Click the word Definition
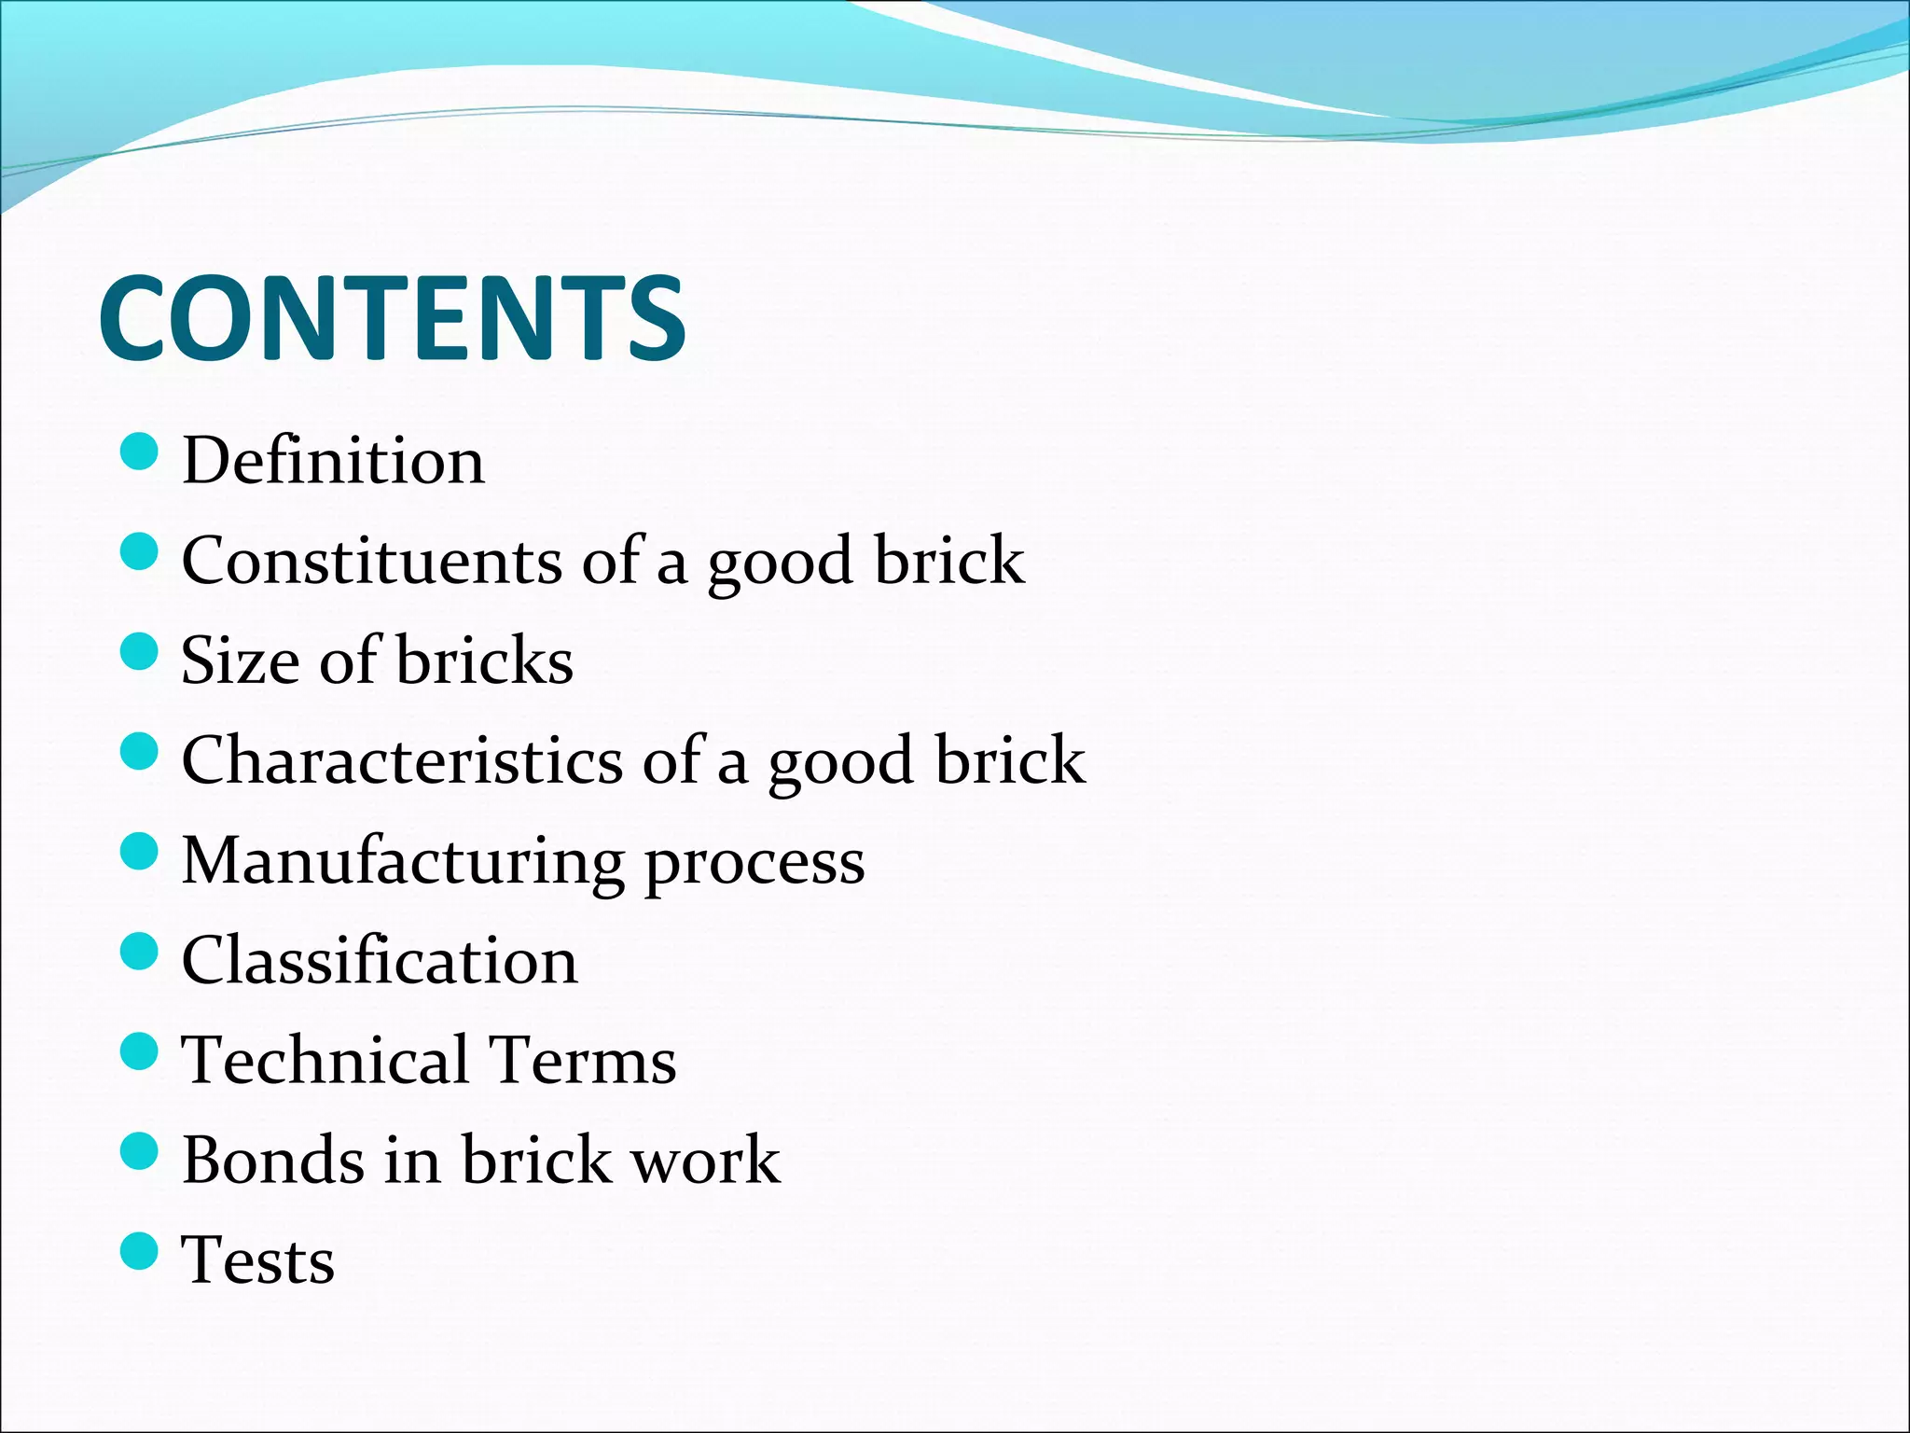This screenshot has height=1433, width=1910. (x=333, y=460)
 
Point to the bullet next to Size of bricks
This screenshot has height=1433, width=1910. (x=140, y=651)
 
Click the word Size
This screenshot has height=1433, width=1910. (x=240, y=661)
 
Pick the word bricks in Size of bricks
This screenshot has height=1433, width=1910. (x=484, y=661)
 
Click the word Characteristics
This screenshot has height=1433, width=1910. (x=401, y=759)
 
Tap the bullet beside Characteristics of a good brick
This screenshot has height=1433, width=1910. (x=140, y=751)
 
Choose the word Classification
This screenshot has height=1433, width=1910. (x=380, y=960)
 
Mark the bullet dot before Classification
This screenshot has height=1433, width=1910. (x=140, y=952)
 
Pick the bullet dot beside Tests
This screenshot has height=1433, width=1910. (x=140, y=1251)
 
